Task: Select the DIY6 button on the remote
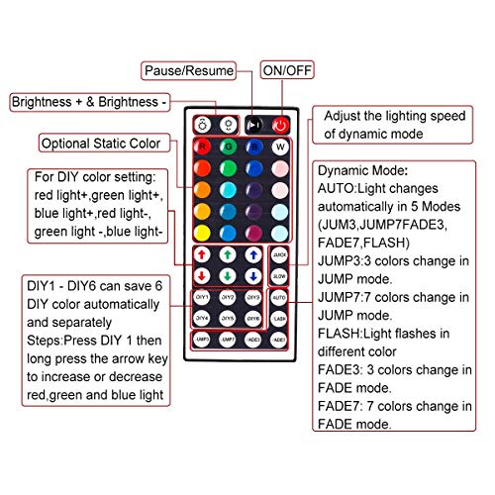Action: pyautogui.click(x=253, y=318)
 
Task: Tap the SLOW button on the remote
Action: pyautogui.click(x=279, y=275)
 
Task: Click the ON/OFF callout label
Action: pyautogui.click(x=285, y=70)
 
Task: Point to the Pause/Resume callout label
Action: pyautogui.click(x=202, y=70)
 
